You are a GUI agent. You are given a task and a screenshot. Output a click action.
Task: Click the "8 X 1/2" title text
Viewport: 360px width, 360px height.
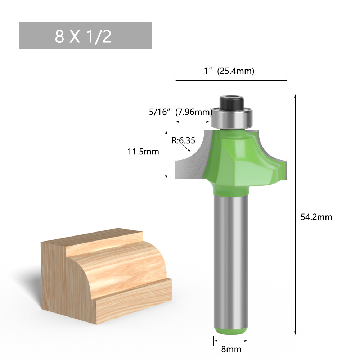click(83, 36)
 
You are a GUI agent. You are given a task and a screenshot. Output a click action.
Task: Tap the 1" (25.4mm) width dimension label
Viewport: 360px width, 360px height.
click(229, 71)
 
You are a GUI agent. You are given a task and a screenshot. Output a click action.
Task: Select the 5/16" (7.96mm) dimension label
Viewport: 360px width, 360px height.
click(180, 112)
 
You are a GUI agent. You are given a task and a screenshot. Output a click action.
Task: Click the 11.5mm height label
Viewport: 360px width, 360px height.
click(143, 152)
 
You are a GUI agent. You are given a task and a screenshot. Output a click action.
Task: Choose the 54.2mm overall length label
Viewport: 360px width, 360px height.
click(316, 217)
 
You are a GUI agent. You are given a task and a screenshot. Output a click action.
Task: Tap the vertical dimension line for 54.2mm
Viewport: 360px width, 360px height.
click(296, 216)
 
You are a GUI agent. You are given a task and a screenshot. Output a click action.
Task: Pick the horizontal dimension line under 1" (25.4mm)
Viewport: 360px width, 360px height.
click(231, 80)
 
